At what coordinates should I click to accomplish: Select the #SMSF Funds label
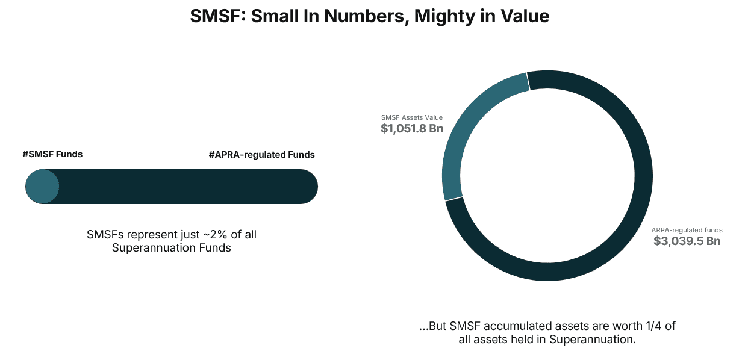tap(52, 154)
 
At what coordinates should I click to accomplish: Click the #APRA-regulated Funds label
tap(261, 155)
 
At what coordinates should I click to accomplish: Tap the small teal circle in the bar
tap(42, 187)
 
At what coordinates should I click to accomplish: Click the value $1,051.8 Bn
tap(412, 128)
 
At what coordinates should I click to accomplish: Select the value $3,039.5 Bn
tap(687, 241)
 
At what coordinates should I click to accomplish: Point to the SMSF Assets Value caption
tap(412, 117)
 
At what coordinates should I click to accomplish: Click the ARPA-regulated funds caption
tap(687, 230)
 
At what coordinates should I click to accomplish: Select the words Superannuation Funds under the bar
tap(172, 248)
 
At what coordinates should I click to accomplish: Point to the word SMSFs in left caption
tap(102, 235)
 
